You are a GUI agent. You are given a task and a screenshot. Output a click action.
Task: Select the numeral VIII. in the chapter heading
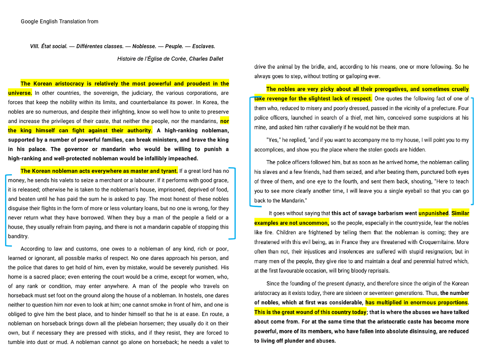tap(34, 46)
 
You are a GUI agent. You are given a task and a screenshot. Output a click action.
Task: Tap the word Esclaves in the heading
tap(203, 46)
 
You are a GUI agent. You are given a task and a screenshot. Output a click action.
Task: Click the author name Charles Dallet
tap(206, 59)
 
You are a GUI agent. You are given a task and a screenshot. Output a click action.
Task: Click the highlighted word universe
tap(19, 93)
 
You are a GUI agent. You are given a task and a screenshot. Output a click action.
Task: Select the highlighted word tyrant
tap(169, 171)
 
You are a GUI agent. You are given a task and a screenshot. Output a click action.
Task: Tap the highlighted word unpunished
tap(433, 213)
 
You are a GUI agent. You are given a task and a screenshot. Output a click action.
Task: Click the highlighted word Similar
tap(460, 213)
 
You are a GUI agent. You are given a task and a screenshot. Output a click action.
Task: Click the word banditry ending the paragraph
tap(18, 236)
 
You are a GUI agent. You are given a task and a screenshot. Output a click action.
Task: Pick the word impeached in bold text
tap(183, 158)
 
